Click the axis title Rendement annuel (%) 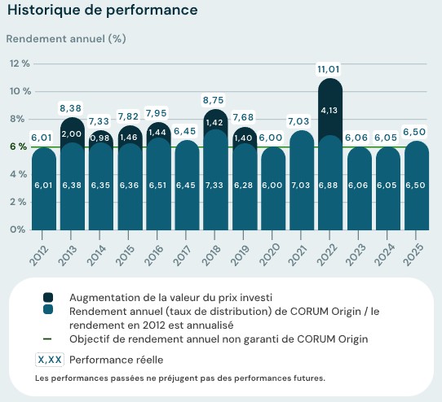66,38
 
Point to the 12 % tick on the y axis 19,63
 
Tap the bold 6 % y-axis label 18,146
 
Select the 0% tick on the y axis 18,229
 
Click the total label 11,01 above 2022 329,71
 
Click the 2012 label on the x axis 43,253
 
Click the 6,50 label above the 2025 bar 415,132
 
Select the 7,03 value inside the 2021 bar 301,186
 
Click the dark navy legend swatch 48,298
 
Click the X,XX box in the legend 50,359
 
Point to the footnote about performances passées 179,378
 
